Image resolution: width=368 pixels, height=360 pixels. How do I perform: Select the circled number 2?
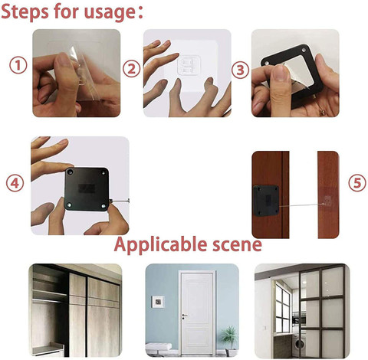coord(132,69)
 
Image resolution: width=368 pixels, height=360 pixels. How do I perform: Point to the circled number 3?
coord(240,70)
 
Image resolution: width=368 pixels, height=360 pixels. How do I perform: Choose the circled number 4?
coord(15,183)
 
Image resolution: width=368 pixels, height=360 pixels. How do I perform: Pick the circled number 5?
coord(354,183)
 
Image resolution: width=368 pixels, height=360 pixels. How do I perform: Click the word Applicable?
coord(158,245)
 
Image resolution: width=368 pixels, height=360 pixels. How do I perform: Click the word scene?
coord(234,245)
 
